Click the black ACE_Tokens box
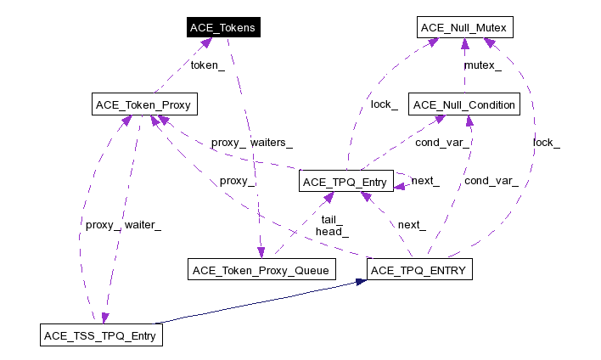tap(222, 27)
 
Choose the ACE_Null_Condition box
tap(463, 105)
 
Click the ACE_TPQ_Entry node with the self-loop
tap(345, 181)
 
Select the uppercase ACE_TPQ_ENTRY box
tap(417, 270)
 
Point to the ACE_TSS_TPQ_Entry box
tap(101, 335)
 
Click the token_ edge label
tap(207, 65)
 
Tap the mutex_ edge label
tap(481, 65)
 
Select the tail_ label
tap(332, 218)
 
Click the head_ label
tap(332, 230)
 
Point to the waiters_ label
tap(272, 143)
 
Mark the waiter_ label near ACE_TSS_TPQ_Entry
tap(143, 225)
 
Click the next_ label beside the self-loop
tap(424, 181)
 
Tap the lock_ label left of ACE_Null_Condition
tap(384, 104)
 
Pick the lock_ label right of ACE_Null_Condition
tap(546, 143)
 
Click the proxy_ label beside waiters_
tap(227, 143)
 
